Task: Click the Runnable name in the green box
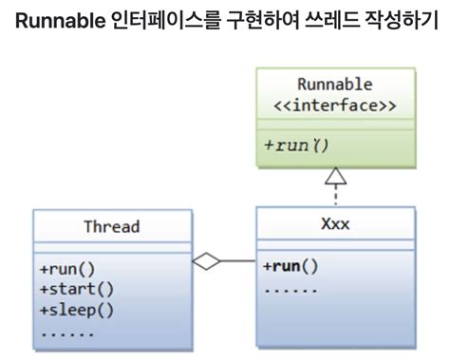click(x=336, y=85)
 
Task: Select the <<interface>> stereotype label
click(x=336, y=104)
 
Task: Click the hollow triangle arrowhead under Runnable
click(x=336, y=175)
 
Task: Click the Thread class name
click(x=111, y=226)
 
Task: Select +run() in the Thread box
click(x=67, y=269)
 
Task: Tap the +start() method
click(x=75, y=289)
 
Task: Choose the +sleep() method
click(x=75, y=310)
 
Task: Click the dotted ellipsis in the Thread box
click(x=67, y=332)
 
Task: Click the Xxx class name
click(x=335, y=226)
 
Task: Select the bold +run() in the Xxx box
click(x=290, y=266)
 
